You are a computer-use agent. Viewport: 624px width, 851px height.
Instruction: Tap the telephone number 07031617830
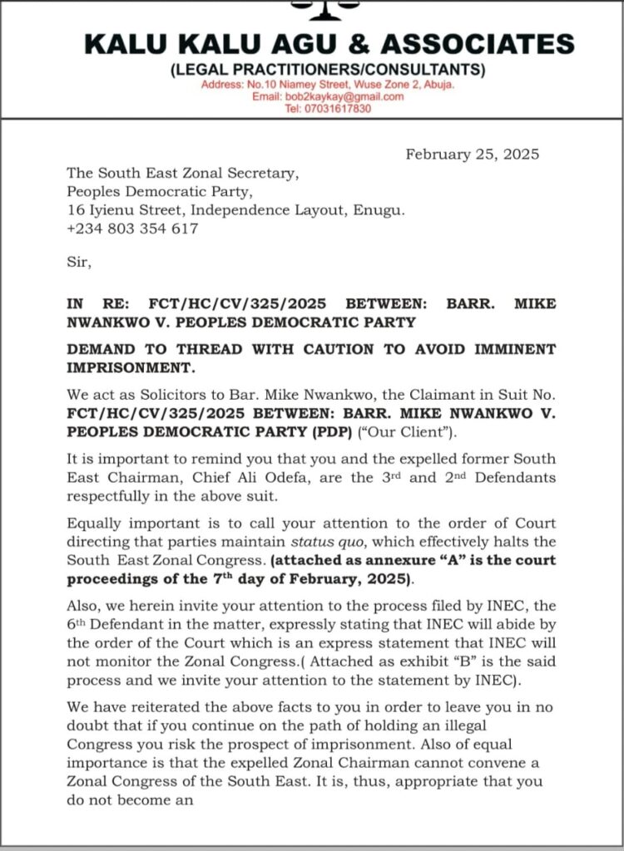point(329,109)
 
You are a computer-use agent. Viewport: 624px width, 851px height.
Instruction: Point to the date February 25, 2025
point(472,155)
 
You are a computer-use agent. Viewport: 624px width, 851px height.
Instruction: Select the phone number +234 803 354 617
point(133,229)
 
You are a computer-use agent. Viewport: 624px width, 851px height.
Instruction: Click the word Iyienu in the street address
point(113,210)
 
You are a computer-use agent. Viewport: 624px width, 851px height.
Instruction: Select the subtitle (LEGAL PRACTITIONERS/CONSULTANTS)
point(328,70)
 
